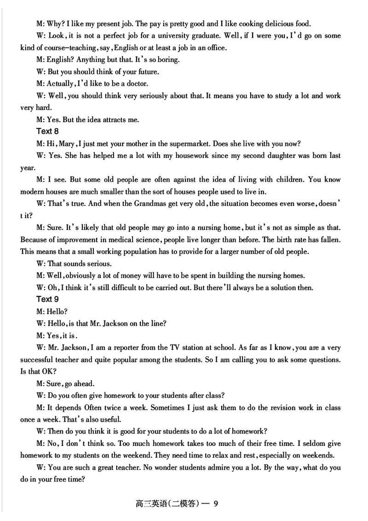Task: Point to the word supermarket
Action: coord(214,143)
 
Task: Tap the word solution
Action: coord(287,287)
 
